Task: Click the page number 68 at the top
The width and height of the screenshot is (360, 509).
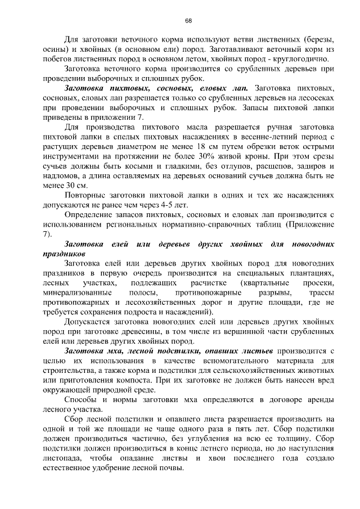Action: [188, 21]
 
